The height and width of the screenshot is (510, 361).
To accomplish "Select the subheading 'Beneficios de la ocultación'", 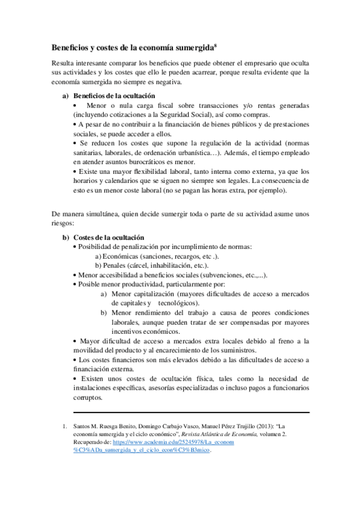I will point(114,96).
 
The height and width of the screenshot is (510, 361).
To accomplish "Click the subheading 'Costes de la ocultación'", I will point(108,238).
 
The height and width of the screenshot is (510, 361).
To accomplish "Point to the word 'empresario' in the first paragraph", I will point(243,63).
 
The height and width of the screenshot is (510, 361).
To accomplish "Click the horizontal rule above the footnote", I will point(191,413).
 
